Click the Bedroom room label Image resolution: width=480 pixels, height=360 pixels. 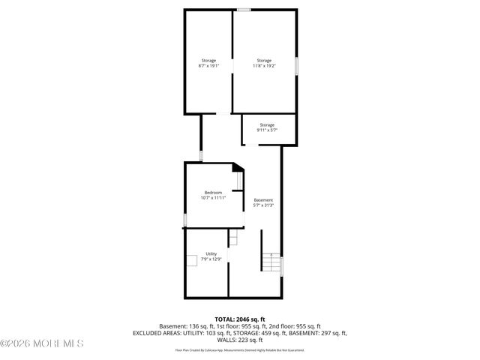click(x=213, y=193)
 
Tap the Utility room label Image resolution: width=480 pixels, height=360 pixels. click(x=211, y=253)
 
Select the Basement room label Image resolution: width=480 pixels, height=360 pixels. click(x=263, y=199)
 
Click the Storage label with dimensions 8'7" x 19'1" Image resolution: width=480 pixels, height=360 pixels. click(x=208, y=60)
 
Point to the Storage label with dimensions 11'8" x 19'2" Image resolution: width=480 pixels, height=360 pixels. click(x=264, y=60)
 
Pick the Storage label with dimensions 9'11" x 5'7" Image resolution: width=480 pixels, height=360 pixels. click(x=267, y=124)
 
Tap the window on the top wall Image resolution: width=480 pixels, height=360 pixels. click(x=244, y=9)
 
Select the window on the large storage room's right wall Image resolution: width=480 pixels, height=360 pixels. click(x=297, y=66)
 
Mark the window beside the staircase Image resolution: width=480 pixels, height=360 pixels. click(x=282, y=266)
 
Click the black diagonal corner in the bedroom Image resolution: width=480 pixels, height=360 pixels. click(x=238, y=168)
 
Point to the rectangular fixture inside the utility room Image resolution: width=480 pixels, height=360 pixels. click(x=193, y=260)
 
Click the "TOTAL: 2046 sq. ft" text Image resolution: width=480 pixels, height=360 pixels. click(x=240, y=319)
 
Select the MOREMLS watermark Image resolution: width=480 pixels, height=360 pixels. click(x=42, y=344)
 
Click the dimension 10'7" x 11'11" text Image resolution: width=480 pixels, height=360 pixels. click(x=213, y=198)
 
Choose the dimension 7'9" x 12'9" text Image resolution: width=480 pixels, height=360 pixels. click(x=211, y=259)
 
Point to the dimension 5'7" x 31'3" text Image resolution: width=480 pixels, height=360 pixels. click(x=263, y=205)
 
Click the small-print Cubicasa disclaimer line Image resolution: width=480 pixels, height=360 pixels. click(x=240, y=349)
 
